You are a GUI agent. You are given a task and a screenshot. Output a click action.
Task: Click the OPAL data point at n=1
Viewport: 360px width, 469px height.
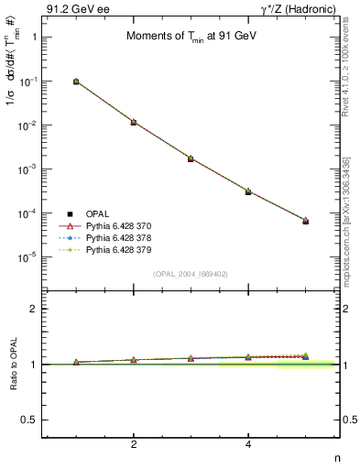[76, 82]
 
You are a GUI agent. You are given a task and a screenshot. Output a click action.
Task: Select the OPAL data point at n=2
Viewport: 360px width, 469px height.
[134, 122]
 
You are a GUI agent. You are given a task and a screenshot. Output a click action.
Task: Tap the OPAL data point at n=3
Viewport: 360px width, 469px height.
[191, 158]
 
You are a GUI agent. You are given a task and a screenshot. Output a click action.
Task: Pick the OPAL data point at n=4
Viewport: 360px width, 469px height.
[248, 191]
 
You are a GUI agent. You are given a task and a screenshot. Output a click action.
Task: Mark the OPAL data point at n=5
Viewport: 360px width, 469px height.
[306, 221]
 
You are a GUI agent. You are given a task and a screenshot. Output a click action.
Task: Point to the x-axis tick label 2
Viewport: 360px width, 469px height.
[134, 444]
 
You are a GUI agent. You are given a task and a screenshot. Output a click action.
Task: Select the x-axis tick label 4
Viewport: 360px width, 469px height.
[248, 444]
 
